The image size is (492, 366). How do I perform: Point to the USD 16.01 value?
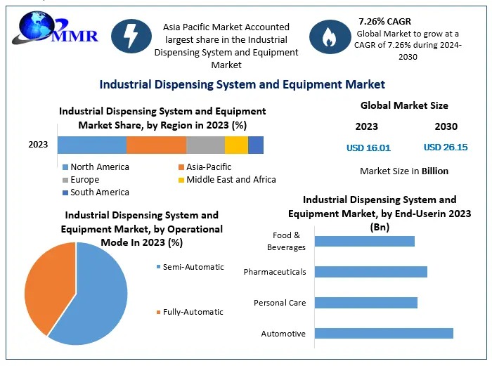[368, 148]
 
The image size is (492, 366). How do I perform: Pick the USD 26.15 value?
[446, 148]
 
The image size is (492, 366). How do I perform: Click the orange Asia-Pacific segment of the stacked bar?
[156, 145]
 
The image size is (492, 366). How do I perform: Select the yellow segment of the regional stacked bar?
[236, 145]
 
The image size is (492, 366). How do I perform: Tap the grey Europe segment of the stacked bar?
[205, 145]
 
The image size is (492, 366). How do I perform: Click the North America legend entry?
[99, 167]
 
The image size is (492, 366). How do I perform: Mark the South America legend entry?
[99, 192]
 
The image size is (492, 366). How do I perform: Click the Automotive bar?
[384, 333]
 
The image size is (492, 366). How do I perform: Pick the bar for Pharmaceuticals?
[370, 272]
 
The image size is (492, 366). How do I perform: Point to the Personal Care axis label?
[280, 303]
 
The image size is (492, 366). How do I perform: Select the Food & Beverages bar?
[364, 241]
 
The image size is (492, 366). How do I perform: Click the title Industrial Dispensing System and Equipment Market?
[242, 84]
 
